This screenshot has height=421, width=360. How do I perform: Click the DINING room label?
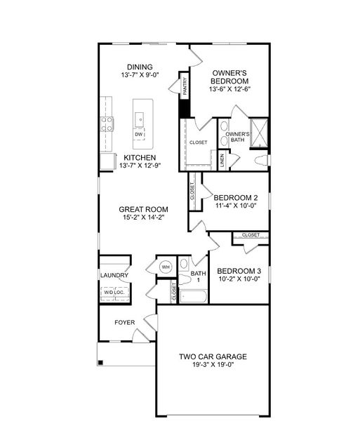pos(140,67)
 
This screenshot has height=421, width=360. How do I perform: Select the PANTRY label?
pos(185,87)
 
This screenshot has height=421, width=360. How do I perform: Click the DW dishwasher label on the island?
pos(139,134)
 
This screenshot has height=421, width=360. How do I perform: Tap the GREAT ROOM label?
pos(142,209)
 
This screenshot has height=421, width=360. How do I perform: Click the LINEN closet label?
pos(222,161)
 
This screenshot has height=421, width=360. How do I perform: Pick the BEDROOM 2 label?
pos(235,197)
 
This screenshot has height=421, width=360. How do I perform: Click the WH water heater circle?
pos(166,267)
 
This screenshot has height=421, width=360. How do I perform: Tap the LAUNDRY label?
pos(114,276)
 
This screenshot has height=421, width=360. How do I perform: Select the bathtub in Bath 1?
pos(194,296)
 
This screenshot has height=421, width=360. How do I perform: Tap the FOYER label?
pos(125,323)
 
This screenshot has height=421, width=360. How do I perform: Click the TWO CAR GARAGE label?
pos(212,356)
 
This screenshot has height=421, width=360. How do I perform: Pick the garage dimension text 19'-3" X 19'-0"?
pos(212,366)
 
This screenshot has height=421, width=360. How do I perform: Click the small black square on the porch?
pos(101,363)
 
